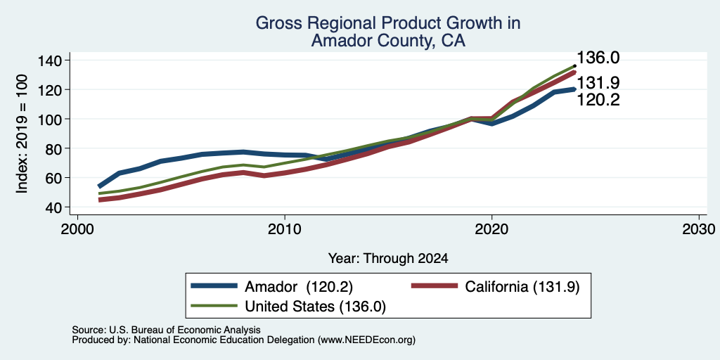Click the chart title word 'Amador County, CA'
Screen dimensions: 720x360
coord(388,41)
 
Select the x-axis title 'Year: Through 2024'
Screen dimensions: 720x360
coord(388,259)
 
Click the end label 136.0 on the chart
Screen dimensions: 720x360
coord(598,58)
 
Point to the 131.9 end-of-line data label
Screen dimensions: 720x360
coord(598,83)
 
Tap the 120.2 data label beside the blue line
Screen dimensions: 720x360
coord(598,100)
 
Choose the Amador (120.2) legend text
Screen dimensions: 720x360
coord(298,287)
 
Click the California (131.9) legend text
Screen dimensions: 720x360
coord(522,287)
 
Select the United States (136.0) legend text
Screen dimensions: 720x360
coord(316,307)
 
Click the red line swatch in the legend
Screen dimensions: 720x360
coord(435,286)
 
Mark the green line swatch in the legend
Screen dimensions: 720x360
coord(214,306)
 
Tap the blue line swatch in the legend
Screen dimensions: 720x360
coord(214,286)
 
